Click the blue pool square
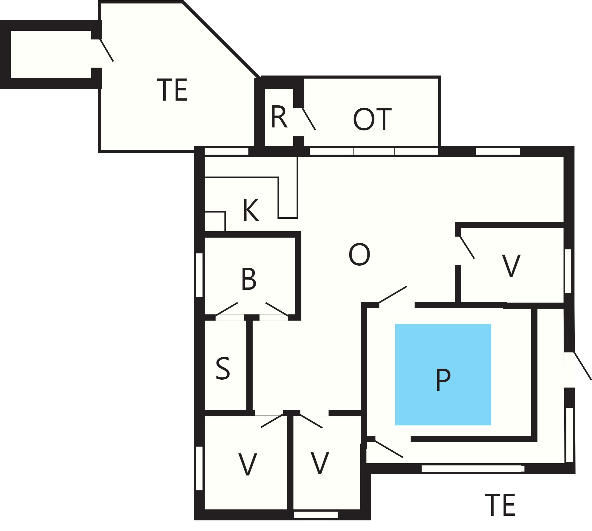(x=443, y=375)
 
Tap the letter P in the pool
(x=443, y=379)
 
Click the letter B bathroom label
(x=249, y=279)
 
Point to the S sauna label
(x=223, y=368)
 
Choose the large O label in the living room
(x=359, y=254)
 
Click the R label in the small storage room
(x=279, y=117)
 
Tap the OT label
(x=372, y=119)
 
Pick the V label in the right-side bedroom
(x=511, y=265)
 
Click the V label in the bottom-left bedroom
(x=248, y=464)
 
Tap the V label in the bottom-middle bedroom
(x=320, y=463)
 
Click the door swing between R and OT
(x=309, y=119)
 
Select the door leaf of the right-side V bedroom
(x=467, y=247)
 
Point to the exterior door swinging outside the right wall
(x=582, y=366)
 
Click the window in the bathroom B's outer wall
(x=199, y=275)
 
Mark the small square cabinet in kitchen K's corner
(x=215, y=221)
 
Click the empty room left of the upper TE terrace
(x=51, y=54)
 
